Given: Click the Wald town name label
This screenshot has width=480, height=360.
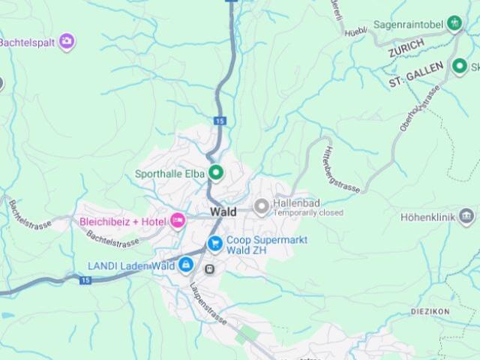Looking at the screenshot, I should (x=223, y=211).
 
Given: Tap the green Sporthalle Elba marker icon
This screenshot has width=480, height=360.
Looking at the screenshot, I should (x=217, y=174).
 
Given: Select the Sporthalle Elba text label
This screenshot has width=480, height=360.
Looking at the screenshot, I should (x=169, y=174).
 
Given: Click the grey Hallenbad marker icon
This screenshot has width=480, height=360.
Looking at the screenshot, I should (x=262, y=205).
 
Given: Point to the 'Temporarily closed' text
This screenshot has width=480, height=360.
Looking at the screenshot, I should (x=308, y=213).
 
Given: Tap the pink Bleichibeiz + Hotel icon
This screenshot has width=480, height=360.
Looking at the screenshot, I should (x=178, y=220).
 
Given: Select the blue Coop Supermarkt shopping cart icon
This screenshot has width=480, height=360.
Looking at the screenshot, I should (x=215, y=242).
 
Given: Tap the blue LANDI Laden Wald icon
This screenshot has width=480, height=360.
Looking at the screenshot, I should (x=185, y=265).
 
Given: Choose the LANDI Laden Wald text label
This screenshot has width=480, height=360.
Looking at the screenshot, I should (x=131, y=265).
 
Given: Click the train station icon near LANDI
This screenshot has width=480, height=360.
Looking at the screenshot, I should (x=211, y=269).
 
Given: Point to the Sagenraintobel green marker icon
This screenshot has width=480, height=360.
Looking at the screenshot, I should (x=454, y=24).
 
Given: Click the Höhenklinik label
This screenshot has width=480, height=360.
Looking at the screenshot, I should (x=449, y=218).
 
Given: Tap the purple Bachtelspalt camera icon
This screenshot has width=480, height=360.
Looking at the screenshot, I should (x=67, y=40).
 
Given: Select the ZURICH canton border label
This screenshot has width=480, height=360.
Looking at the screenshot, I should (x=406, y=48).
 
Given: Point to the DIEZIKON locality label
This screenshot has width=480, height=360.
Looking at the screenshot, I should (x=430, y=310).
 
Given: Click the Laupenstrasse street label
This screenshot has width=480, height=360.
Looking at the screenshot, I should (x=208, y=303).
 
